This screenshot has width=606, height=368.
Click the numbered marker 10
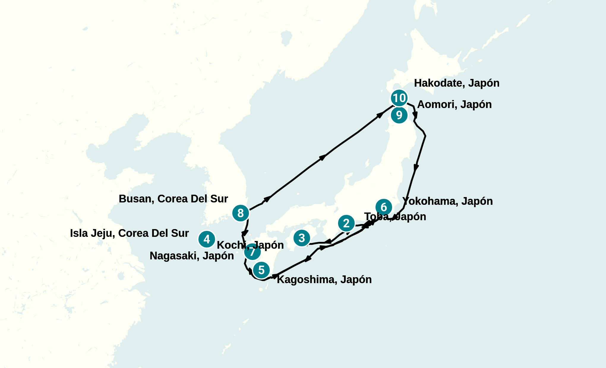[399, 98]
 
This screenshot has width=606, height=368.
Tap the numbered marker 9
[399, 115]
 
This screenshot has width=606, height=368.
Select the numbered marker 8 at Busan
[240, 213]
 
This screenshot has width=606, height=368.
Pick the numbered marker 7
[252, 252]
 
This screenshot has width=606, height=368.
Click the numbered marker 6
[384, 207]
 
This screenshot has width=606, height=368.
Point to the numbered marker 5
[261, 270]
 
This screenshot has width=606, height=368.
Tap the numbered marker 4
[207, 239]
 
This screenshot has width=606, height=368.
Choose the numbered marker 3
[302, 238]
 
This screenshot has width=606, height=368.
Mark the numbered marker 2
[346, 223]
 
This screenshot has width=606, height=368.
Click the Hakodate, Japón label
[457, 83]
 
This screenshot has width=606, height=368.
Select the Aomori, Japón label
[454, 104]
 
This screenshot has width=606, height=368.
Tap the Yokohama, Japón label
[447, 201]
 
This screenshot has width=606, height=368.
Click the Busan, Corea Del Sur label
[173, 199]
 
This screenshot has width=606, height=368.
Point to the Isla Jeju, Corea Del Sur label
[129, 233]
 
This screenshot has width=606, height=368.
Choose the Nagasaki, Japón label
[192, 256]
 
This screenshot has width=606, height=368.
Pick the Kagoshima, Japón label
[324, 280]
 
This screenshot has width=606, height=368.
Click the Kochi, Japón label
[250, 245]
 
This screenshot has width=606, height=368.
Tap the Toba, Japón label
[395, 217]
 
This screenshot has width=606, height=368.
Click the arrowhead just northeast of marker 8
[267, 199]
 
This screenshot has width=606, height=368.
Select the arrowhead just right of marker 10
[416, 115]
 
